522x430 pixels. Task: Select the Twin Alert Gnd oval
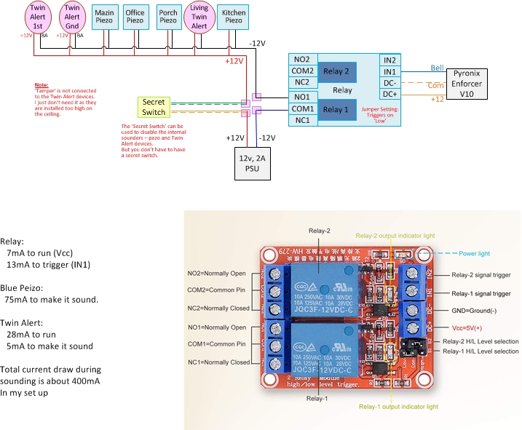click(x=71, y=17)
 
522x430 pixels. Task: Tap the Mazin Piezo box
click(x=105, y=17)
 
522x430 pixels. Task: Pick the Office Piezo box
click(x=135, y=17)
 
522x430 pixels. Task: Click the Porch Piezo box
click(x=167, y=17)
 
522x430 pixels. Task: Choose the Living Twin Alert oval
click(x=199, y=17)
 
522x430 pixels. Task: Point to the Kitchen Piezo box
click(x=234, y=17)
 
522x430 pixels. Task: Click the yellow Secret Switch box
click(x=154, y=107)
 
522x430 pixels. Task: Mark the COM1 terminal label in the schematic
click(x=303, y=108)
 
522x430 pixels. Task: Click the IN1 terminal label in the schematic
click(x=389, y=71)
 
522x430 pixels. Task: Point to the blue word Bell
click(x=437, y=68)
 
